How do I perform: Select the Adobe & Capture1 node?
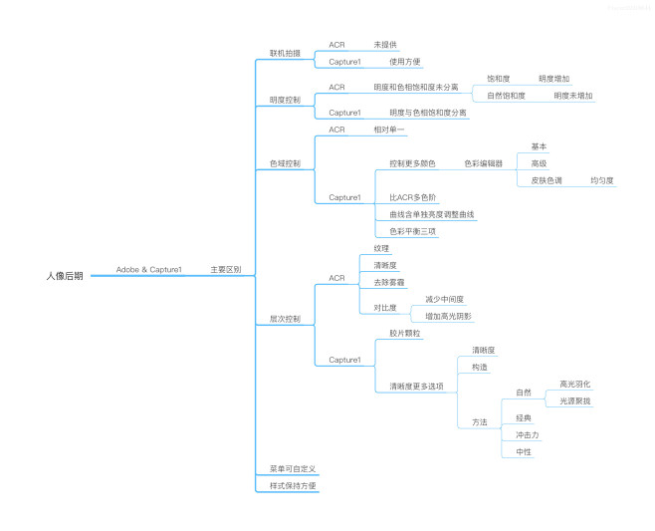click(148, 270)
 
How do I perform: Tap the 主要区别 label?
click(225, 270)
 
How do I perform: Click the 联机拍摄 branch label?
click(285, 53)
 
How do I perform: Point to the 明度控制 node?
click(285, 100)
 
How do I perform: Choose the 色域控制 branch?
click(285, 163)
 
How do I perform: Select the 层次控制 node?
click(285, 319)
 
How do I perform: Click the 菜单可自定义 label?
click(292, 468)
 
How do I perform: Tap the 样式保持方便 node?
click(293, 485)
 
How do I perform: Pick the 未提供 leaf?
click(385, 45)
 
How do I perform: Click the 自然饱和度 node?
click(506, 96)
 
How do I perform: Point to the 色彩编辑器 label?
click(483, 163)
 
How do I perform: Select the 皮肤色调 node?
click(546, 180)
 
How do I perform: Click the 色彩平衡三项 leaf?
click(413, 231)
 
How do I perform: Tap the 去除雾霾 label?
click(389, 283)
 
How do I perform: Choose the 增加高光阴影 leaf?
click(448, 316)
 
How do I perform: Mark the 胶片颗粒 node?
click(405, 334)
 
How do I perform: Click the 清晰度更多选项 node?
click(416, 386)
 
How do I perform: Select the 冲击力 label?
click(527, 434)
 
